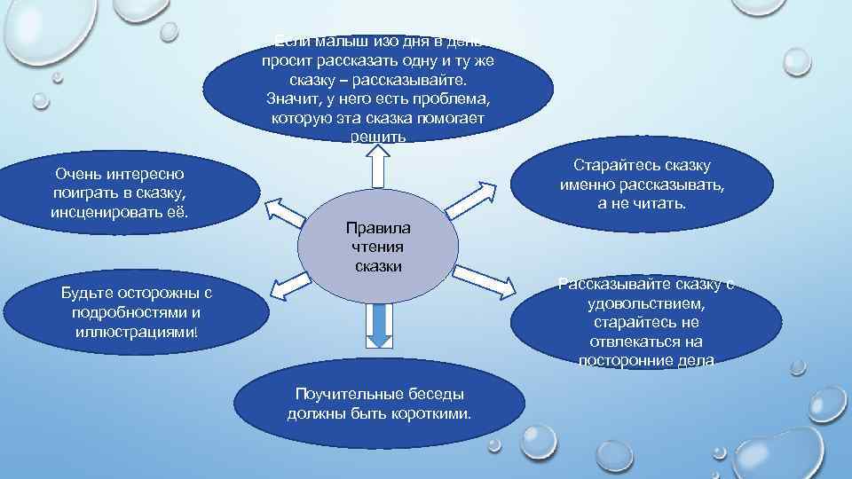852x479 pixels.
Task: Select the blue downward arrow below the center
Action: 379,326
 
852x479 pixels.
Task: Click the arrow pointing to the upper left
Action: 284,212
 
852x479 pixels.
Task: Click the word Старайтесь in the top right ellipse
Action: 613,166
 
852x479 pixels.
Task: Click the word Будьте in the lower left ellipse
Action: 85,294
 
